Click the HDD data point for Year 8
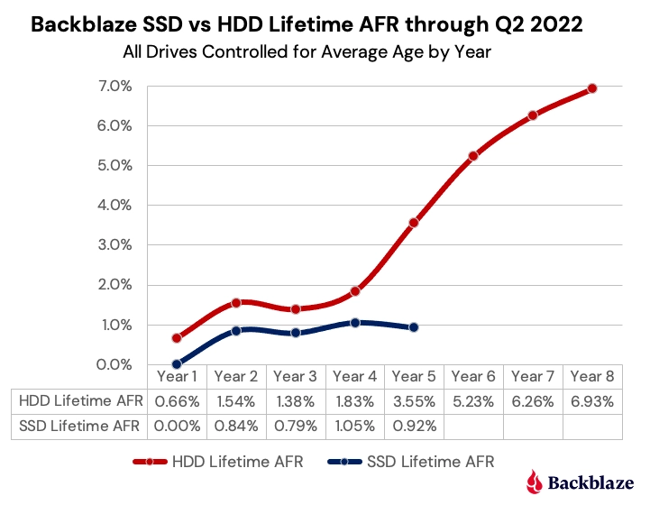[x=592, y=88]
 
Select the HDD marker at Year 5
[x=414, y=223]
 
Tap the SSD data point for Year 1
[x=177, y=364]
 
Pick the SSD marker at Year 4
[x=355, y=322]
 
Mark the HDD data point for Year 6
[x=473, y=156]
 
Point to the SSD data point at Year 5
[x=414, y=327]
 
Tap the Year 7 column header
[x=533, y=376]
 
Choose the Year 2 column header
[x=236, y=376]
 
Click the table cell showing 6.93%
[x=592, y=399]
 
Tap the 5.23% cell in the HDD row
[x=473, y=399]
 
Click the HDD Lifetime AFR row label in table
[x=79, y=399]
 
